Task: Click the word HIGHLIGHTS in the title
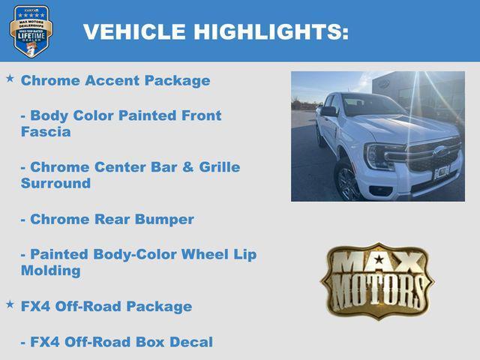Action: point(271,32)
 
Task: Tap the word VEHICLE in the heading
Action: point(134,32)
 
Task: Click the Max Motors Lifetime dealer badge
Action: point(31,31)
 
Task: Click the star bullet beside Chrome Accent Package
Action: point(10,79)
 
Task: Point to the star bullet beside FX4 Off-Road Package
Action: point(10,304)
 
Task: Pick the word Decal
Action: point(193,342)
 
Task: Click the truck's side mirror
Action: point(328,112)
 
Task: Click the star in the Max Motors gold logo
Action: point(379,260)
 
